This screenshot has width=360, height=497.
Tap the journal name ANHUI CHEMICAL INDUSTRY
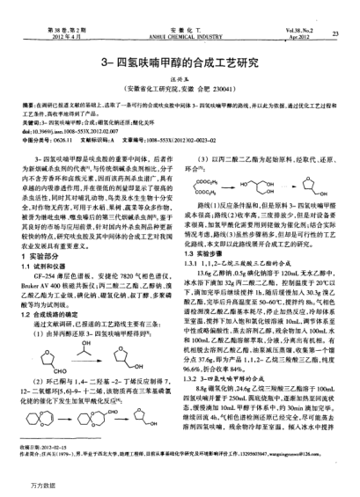[180, 14]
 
